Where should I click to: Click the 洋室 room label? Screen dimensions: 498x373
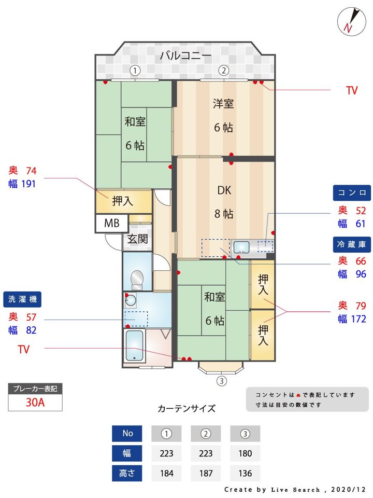(223, 104)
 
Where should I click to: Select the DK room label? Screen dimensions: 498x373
(224, 190)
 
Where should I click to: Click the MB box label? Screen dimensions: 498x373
(112, 224)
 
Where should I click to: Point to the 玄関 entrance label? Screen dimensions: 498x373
(137, 239)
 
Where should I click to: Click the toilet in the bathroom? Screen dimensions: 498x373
(137, 280)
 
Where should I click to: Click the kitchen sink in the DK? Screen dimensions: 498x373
(241, 246)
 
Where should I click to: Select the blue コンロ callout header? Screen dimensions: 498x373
(352, 192)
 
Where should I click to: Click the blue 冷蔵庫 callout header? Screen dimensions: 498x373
(352, 243)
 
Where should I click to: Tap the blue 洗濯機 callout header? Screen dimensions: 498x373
(24, 299)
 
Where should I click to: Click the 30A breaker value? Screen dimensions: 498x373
(35, 403)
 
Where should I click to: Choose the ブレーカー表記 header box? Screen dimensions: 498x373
(35, 388)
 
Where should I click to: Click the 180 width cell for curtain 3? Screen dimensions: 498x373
(245, 453)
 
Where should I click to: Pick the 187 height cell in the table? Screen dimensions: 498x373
(206, 473)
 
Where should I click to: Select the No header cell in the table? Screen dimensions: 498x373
(127, 433)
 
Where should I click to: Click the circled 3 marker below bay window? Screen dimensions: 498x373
(221, 381)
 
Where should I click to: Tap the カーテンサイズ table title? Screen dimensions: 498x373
(186, 408)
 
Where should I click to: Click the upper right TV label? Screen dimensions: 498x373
(352, 91)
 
